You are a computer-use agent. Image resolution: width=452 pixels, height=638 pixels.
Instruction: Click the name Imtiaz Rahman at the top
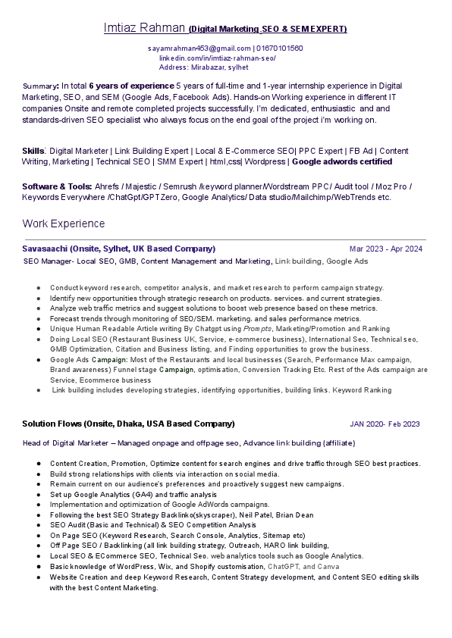pos(145,28)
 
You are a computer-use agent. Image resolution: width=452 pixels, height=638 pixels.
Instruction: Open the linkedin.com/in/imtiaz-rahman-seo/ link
pos(217,58)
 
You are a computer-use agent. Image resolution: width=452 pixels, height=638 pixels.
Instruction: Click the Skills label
pos(33,151)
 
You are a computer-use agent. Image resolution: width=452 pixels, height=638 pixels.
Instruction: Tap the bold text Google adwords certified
pos(342,161)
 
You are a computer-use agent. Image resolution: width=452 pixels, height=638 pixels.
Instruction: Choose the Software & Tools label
pos(56,186)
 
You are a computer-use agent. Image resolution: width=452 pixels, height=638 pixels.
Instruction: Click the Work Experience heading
pos(64,224)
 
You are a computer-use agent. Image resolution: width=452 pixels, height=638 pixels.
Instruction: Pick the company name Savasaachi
pos(46,249)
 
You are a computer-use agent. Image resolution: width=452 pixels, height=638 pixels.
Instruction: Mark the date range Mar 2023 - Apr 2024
pos(385,249)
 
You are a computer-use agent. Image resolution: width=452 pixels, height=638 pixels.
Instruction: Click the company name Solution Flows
pos(52,424)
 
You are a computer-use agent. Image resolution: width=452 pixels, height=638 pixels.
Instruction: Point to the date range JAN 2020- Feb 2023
pos(385,424)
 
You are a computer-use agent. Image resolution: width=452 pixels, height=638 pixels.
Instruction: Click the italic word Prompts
pos(258,330)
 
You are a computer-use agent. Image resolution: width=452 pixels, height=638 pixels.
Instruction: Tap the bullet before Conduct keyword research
pos(38,288)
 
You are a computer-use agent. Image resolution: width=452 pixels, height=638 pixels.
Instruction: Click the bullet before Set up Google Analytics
pos(38,494)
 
